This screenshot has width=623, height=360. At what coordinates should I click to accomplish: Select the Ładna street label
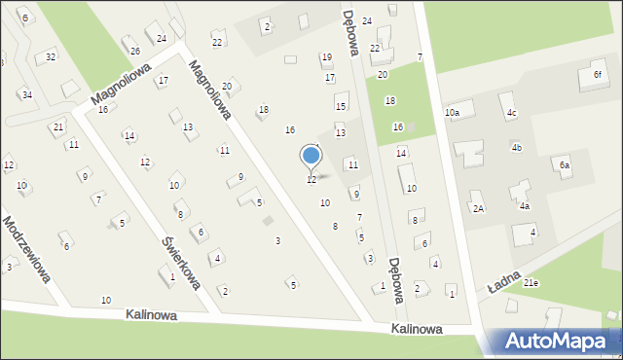point(504,283)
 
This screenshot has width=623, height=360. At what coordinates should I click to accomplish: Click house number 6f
point(598,75)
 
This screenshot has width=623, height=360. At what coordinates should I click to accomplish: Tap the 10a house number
point(453,113)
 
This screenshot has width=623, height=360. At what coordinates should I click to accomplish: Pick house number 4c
point(511,114)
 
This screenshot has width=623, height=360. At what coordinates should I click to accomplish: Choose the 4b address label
point(517,147)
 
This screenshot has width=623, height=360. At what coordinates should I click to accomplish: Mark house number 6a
point(564,165)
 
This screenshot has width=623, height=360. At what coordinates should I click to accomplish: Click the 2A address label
point(478,208)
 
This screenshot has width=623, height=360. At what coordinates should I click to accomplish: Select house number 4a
point(524,206)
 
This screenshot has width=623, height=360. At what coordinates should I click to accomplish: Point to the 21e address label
point(531,282)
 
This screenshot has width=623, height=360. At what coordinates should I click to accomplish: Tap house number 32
point(51,57)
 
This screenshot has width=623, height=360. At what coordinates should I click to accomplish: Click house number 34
point(27,94)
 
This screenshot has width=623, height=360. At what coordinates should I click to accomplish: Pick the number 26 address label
point(135,51)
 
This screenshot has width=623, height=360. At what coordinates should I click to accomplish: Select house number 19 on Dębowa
point(326,57)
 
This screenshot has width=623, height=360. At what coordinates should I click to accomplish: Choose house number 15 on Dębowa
point(341,105)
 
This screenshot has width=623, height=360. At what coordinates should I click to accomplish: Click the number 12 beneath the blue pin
point(311,180)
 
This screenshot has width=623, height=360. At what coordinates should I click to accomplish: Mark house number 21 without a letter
point(58,127)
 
